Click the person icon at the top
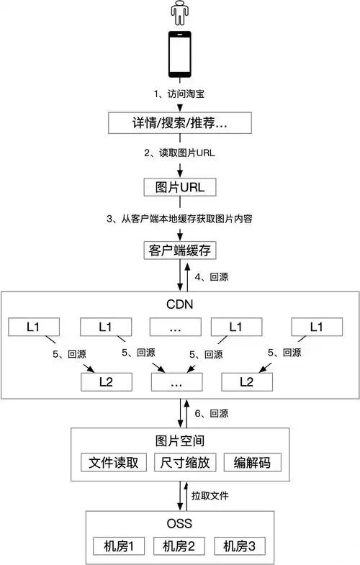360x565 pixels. pos(180,13)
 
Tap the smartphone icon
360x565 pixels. pos(180,54)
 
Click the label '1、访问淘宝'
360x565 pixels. pos(180,94)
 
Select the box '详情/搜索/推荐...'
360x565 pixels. pos(180,123)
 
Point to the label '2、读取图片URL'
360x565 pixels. pos(180,152)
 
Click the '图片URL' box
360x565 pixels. pos(180,186)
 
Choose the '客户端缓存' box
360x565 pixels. pos(180,250)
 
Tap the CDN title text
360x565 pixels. pos(180,303)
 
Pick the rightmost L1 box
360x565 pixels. pos(315,327)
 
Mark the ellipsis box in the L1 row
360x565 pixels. pos(176,327)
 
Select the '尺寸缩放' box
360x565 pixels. pos(180,462)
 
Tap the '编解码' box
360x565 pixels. pos(247,462)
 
